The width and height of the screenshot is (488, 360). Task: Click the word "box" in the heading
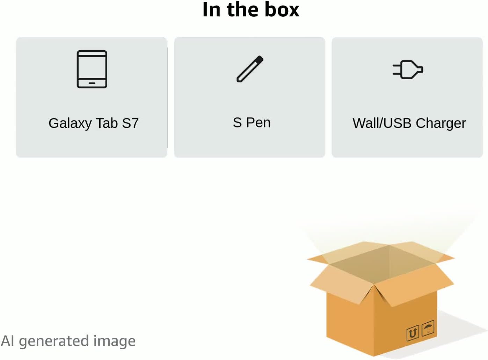click(x=282, y=10)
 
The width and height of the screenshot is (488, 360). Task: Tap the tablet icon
click(x=92, y=69)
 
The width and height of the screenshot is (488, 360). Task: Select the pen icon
click(x=250, y=69)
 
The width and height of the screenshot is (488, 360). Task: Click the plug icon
click(x=408, y=69)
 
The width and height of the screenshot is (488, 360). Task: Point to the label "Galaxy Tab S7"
click(x=93, y=123)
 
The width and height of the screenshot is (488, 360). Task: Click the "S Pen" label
click(x=252, y=123)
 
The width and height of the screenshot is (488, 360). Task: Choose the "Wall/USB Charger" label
click(x=409, y=123)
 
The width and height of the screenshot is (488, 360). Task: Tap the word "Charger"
click(x=440, y=124)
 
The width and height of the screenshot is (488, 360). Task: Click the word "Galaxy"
click(x=70, y=124)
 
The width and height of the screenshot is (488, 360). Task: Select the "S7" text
click(x=130, y=123)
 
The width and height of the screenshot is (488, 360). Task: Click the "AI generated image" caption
click(x=68, y=341)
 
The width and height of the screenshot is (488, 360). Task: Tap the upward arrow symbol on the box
click(x=413, y=333)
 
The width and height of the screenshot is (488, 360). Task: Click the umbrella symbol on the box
click(x=428, y=328)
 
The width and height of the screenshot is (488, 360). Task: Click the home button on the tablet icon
click(x=92, y=83)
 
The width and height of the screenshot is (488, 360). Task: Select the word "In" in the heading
click(x=211, y=10)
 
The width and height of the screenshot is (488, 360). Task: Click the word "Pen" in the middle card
click(x=258, y=123)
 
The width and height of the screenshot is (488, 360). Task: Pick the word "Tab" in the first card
click(x=107, y=123)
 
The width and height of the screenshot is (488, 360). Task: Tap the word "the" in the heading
click(x=242, y=10)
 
